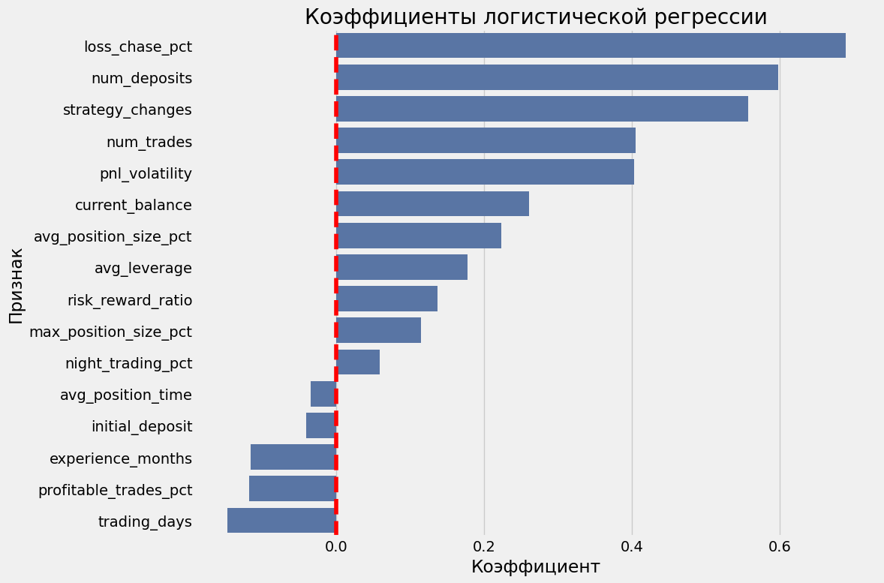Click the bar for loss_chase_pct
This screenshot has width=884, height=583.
(x=591, y=46)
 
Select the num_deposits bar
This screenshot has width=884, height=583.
(x=558, y=77)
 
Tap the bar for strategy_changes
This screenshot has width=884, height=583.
(x=543, y=109)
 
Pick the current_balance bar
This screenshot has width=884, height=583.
(x=433, y=203)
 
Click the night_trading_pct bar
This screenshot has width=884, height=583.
(x=359, y=362)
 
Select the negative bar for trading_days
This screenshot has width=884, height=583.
(x=281, y=520)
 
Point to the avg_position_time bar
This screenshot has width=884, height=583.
(x=323, y=394)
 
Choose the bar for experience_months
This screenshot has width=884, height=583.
(x=293, y=457)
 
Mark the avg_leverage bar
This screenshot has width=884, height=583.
(x=402, y=267)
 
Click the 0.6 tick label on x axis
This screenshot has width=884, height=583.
(x=780, y=545)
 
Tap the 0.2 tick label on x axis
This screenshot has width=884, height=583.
(x=484, y=545)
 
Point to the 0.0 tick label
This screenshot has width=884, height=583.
(x=336, y=545)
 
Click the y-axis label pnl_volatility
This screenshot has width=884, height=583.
(x=146, y=173)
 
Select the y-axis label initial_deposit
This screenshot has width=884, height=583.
(x=142, y=426)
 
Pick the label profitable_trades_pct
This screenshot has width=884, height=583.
(x=115, y=490)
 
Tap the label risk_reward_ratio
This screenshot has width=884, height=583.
(x=130, y=300)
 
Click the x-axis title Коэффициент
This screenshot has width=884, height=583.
(x=535, y=567)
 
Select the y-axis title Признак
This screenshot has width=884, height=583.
(x=17, y=285)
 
